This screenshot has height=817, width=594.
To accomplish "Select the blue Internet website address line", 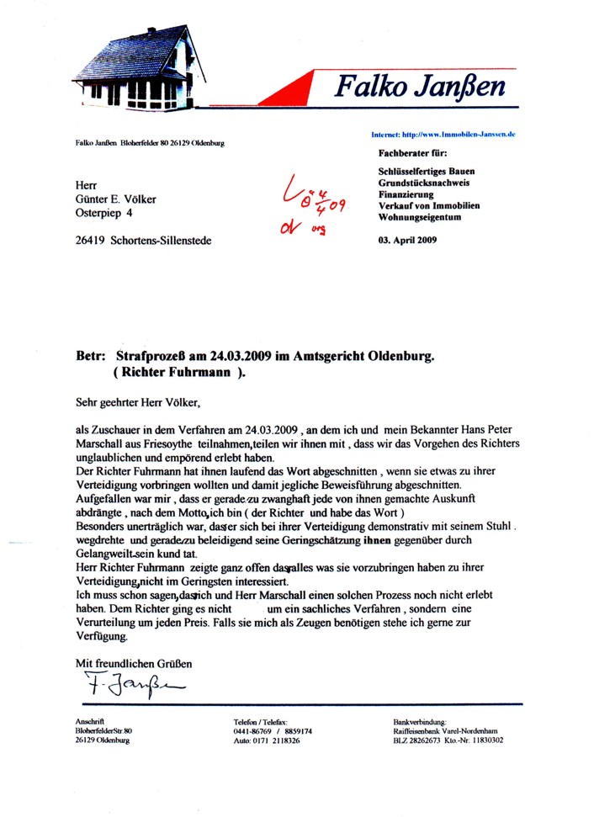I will click(443, 135).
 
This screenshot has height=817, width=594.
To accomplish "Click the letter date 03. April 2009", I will click(404, 241).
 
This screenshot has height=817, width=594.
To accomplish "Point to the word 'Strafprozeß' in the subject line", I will click(153, 356).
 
